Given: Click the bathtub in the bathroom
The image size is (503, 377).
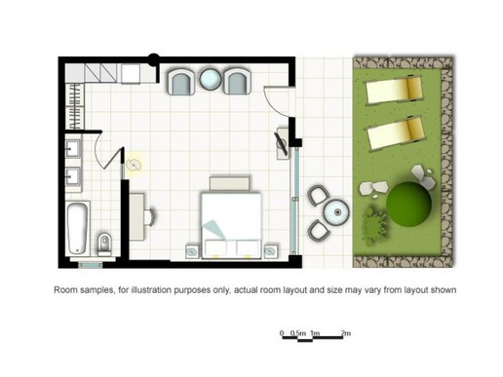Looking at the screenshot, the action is point(78,228).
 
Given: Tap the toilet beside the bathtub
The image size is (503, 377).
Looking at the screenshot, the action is point(104,245).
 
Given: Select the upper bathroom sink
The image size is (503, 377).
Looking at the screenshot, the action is point(72,149).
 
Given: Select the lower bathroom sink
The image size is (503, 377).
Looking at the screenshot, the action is point(72,177).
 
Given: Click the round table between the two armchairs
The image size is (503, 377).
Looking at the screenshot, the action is point(211,79).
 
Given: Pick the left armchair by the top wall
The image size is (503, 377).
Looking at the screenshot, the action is point(181,83).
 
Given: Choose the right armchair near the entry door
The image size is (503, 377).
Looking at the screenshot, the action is point(238,82).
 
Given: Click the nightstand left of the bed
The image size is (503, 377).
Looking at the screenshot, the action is point(192,251).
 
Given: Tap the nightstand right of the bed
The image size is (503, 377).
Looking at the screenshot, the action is point(271,251).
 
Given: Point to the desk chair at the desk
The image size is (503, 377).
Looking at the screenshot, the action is point(150,216).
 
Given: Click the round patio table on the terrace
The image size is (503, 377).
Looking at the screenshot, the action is point(336,212).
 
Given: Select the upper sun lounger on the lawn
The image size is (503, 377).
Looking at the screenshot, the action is point(394,90).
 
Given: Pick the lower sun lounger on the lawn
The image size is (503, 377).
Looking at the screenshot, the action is point(394,134).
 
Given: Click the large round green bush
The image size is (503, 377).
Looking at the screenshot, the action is point(408,205).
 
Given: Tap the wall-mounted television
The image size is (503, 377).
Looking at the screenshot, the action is point(281,144).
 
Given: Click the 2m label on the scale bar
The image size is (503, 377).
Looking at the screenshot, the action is point(346,333).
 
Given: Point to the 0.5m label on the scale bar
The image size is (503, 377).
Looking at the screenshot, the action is point(298,333).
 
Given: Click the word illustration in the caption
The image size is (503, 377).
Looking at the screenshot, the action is point(151,289).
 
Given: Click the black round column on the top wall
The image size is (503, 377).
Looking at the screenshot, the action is point(154,59).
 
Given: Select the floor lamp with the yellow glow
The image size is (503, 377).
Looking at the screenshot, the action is point(134,166).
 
